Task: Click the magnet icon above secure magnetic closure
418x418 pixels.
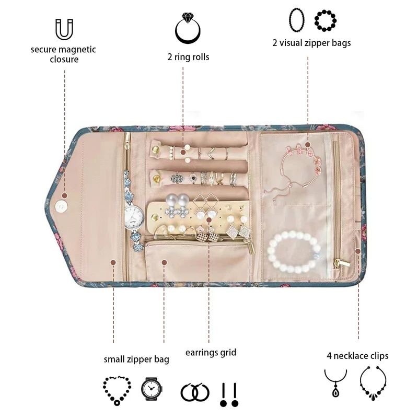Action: point(63,29)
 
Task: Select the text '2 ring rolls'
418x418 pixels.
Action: point(188,56)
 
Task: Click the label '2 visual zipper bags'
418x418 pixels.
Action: point(311,43)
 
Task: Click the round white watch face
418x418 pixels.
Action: point(134,215)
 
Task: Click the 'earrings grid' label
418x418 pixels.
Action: point(211,352)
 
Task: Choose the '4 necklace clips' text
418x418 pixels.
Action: point(357,356)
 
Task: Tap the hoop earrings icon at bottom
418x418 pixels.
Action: point(194,392)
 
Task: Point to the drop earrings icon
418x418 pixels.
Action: point(229,394)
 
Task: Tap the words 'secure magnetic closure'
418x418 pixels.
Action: point(63,54)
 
